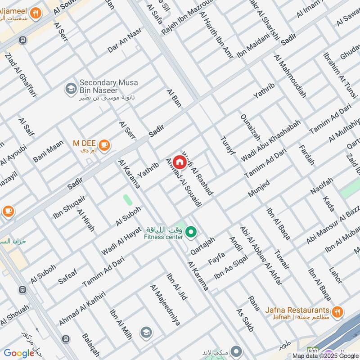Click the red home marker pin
[180, 161]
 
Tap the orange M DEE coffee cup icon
[104, 144]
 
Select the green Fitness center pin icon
[191, 232]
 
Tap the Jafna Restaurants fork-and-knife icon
[337, 311]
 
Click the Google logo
[19, 353]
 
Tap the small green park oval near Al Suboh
[128, 200]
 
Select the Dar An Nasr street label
[125, 40]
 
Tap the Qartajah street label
[202, 246]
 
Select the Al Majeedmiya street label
[165, 306]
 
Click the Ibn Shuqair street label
[69, 207]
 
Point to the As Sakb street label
[246, 320]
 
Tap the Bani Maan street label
[49, 151]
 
